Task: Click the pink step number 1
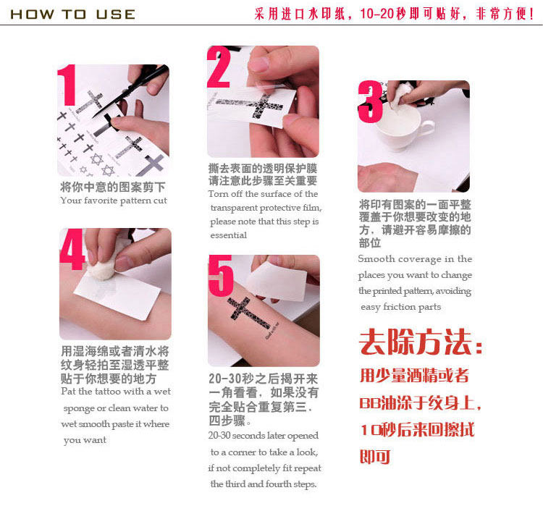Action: pyautogui.click(x=67, y=85)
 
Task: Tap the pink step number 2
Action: pyautogui.click(x=219, y=67)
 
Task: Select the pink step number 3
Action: pyautogui.click(x=371, y=102)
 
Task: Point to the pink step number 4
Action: pyautogui.click(x=72, y=249)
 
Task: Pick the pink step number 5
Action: pyautogui.click(x=221, y=276)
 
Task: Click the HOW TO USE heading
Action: pyautogui.click(x=72, y=14)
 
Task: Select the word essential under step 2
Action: pyautogui.click(x=229, y=235)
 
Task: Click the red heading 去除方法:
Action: pyautogui.click(x=421, y=342)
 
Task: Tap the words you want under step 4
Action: pyautogui.click(x=85, y=440)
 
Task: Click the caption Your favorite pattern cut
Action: pyautogui.click(x=114, y=201)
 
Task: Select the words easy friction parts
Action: pyautogui.click(x=400, y=307)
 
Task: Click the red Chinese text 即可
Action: pyautogui.click(x=375, y=457)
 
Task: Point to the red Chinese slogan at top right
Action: pyautogui.click(x=394, y=14)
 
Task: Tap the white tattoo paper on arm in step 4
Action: pyautogui.click(x=117, y=295)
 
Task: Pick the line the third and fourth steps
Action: pyautogui.click(x=264, y=484)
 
